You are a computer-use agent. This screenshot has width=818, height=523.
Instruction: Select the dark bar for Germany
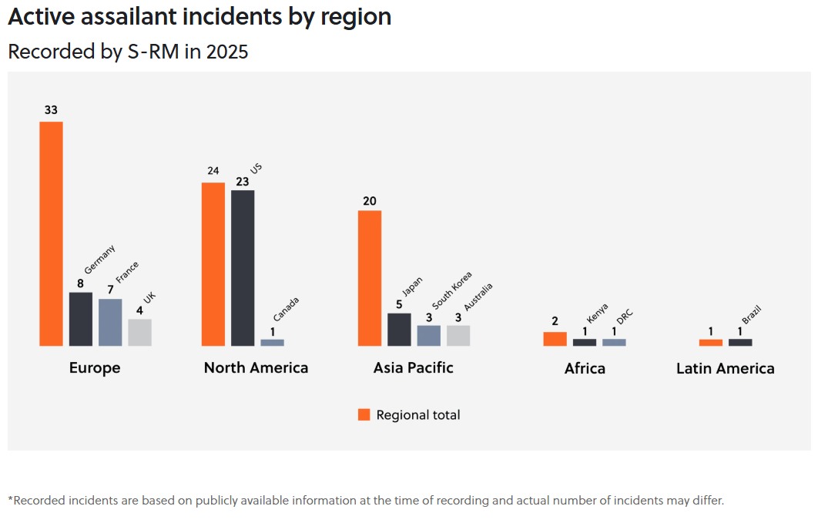point(81,319)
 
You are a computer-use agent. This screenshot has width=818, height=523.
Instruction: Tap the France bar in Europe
point(110,322)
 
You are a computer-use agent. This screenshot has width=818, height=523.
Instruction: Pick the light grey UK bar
point(139,332)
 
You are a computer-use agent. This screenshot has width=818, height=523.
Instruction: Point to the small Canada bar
point(272,342)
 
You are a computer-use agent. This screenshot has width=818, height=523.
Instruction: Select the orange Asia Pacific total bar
point(370,277)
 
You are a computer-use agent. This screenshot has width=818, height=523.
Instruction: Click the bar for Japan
point(399,329)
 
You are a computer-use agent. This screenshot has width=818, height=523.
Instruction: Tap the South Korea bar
point(429,335)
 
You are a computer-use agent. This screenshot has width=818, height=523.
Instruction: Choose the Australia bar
point(458,335)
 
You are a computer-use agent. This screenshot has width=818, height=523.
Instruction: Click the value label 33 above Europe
point(51,110)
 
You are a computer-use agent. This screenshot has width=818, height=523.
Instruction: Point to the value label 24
point(213,171)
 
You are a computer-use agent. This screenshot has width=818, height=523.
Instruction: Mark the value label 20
point(370,201)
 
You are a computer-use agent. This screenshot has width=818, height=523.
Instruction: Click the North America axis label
point(256,368)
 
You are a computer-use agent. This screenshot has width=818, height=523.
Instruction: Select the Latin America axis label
point(725,369)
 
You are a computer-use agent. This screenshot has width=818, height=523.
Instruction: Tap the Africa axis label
point(585,369)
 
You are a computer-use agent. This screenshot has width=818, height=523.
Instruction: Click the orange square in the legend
point(364,414)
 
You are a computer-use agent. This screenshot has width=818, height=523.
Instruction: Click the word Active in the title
point(39,16)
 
